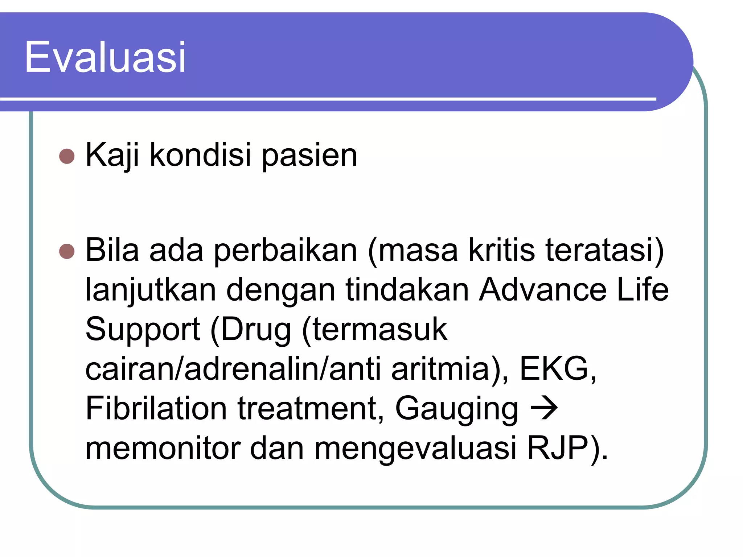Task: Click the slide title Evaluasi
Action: pos(105,57)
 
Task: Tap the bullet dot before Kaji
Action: pos(67,156)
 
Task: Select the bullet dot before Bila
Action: pos(67,251)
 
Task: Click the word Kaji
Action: pos(112,155)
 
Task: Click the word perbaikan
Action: pos(285,250)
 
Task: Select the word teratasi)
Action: pos(605,250)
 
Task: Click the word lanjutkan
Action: pos(151,290)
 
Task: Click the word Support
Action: pos(143,330)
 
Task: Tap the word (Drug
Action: pos(251,330)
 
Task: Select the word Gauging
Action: pos(457,409)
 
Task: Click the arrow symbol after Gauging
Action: pos(544,408)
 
